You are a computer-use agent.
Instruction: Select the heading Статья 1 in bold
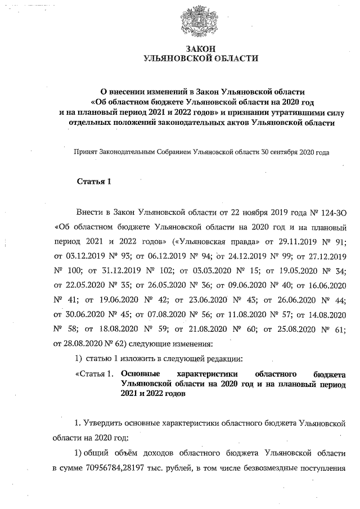click(94, 181)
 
